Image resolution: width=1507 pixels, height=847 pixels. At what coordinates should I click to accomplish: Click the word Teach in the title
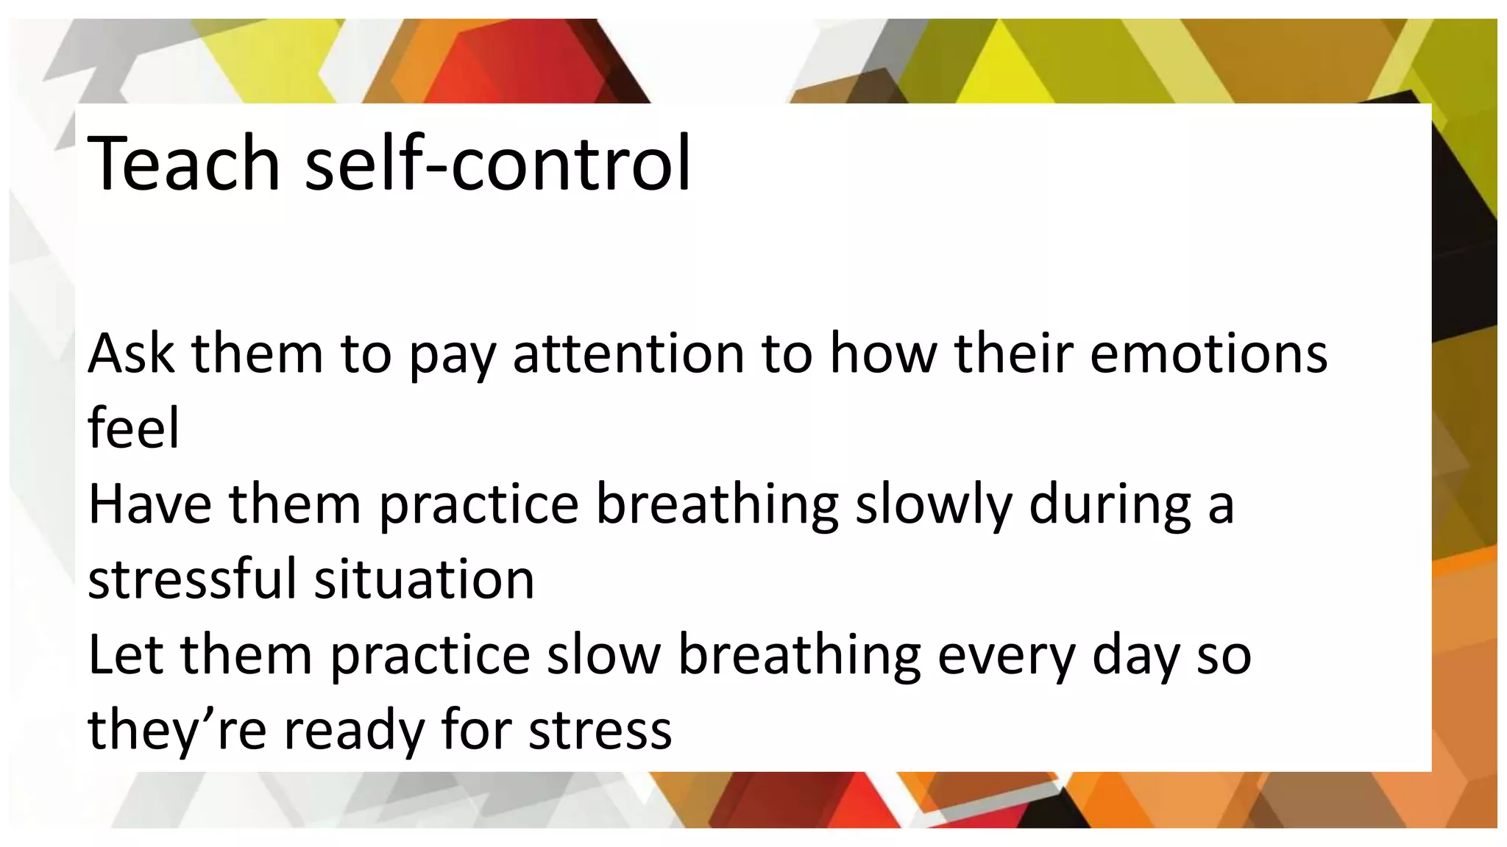[x=183, y=163]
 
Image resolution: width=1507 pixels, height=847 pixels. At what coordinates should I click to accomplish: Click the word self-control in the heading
[x=497, y=163]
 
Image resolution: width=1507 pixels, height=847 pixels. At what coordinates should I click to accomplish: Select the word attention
[x=629, y=354]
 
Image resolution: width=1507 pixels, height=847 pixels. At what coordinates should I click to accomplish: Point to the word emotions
[x=1208, y=354]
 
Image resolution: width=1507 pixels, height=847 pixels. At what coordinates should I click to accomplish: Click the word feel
[x=133, y=429]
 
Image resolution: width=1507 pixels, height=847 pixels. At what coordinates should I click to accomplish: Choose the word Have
[x=150, y=504]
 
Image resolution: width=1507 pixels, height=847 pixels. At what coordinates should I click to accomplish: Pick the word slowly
[x=933, y=504]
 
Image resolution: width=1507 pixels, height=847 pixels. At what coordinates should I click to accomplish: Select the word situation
[x=425, y=579]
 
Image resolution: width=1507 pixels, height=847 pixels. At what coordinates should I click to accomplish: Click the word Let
[x=125, y=654]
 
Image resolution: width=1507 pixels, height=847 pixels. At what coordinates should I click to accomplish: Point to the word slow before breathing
[x=603, y=654]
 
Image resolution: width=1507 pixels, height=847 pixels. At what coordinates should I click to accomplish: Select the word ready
[x=353, y=729]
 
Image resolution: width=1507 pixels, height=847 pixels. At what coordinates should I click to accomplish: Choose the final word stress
[x=600, y=729]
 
